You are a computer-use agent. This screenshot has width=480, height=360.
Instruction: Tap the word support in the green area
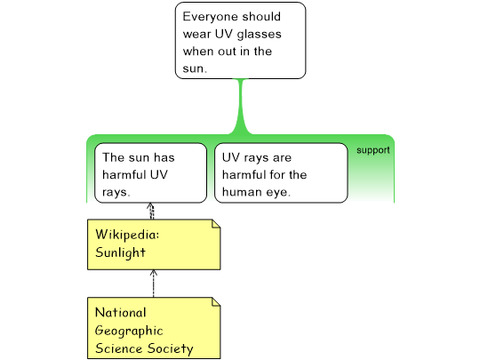tap(373, 150)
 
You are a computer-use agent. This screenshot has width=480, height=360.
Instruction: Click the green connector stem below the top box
tap(241, 108)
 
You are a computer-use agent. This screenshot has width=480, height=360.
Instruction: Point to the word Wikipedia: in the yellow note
tap(127, 235)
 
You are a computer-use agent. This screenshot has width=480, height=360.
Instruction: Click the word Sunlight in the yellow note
tap(120, 252)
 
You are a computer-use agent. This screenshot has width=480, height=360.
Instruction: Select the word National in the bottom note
tap(121, 313)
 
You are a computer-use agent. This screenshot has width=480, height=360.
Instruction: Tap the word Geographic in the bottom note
tap(129, 331)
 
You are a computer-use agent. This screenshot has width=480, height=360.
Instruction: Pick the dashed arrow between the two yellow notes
tap(154, 284)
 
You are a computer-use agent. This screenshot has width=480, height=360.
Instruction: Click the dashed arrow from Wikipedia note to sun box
tap(150, 211)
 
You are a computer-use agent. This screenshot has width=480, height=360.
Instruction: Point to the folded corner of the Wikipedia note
tap(216, 224)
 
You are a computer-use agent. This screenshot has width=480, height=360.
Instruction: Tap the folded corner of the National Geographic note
tap(216, 302)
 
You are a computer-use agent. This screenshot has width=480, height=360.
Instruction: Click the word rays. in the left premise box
tap(116, 193)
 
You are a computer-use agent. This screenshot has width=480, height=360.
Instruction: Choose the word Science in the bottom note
tap(119, 348)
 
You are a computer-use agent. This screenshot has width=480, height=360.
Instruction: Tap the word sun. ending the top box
tap(195, 68)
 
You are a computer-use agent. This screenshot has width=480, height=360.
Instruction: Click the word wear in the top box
tap(196, 35)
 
